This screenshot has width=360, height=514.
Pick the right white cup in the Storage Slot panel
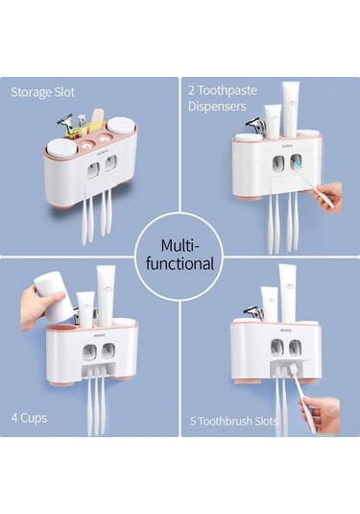[121, 127]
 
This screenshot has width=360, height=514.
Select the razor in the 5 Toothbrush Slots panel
[253, 312]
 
